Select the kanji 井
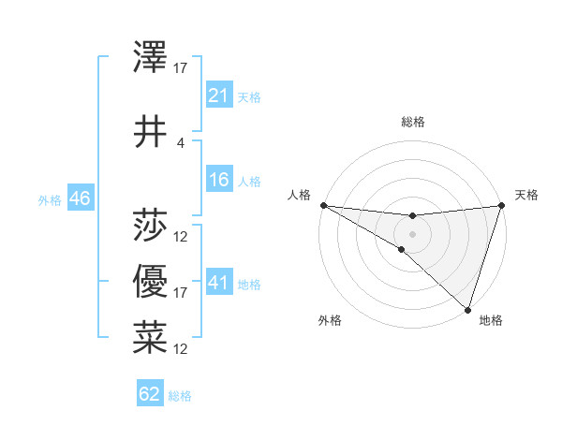[150, 132]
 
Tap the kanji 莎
[150, 225]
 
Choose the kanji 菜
[150, 338]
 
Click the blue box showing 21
[218, 96]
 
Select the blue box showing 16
[218, 181]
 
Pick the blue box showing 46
[80, 199]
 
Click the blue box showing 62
[150, 394]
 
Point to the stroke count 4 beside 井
[181, 143]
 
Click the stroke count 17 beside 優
[181, 293]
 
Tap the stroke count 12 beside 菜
[181, 349]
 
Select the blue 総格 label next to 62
[180, 396]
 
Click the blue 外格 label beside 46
[50, 200]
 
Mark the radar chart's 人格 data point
[323, 205]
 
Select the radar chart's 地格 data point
[467, 309]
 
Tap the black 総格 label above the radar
[412, 123]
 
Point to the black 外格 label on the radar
[330, 321]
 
